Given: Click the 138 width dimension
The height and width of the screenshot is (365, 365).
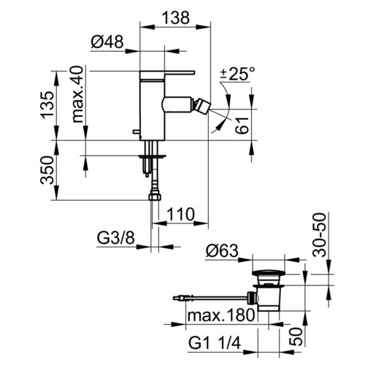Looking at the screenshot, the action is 175,18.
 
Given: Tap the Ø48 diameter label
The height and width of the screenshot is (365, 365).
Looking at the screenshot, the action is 107,42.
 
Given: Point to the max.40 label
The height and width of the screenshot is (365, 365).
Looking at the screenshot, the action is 78,94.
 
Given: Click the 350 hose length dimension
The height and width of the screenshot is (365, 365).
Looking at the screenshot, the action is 47,170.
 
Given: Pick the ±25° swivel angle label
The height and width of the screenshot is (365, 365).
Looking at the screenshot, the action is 237,74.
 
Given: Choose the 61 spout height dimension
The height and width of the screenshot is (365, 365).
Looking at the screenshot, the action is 242,125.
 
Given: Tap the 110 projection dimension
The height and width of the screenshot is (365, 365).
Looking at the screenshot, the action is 180,214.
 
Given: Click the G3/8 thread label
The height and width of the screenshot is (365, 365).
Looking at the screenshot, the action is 115,237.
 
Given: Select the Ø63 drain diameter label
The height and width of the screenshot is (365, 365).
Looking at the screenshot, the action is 222,250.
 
